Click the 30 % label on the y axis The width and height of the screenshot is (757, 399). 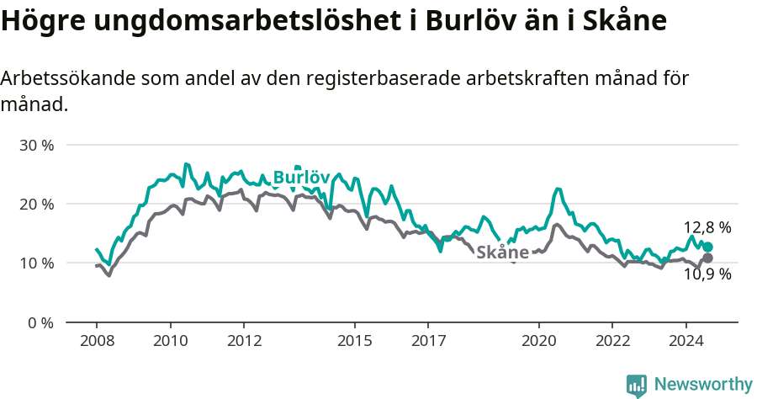36,145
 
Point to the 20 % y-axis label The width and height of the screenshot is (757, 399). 36,204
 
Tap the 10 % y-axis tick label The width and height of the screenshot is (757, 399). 36,263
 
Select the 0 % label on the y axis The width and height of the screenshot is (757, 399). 40,322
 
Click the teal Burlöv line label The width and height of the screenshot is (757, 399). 301,178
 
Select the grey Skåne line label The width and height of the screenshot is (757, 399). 502,253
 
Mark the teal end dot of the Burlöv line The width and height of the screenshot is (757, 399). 707,247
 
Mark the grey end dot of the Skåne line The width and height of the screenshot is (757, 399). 707,258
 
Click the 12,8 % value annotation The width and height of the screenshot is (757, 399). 707,227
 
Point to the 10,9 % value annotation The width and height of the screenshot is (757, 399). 707,274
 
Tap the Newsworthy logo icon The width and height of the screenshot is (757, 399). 637,386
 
